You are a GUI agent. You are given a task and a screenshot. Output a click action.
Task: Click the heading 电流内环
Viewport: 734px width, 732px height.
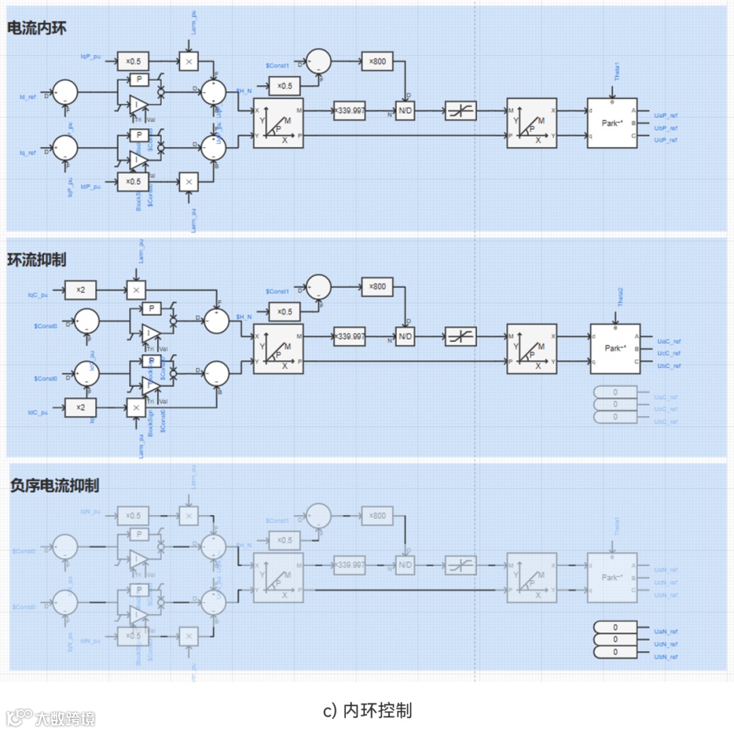[x=37, y=28]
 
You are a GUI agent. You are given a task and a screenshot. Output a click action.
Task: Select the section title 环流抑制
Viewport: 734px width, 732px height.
[x=37, y=260]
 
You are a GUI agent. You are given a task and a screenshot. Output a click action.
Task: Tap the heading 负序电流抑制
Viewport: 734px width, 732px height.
[x=54, y=485]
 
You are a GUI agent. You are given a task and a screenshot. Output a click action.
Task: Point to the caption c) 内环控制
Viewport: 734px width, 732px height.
[x=367, y=711]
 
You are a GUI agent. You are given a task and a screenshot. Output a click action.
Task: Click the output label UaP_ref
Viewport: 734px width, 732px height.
[x=665, y=116]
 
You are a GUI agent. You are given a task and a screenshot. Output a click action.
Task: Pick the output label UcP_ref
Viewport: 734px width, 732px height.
[x=665, y=140]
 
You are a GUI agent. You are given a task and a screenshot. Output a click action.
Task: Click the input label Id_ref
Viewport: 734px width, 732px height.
[x=27, y=97]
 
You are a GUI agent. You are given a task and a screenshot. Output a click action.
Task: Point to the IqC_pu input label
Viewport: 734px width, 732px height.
[x=37, y=295]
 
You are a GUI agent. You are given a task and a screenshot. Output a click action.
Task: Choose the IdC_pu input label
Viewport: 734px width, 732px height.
[x=37, y=413]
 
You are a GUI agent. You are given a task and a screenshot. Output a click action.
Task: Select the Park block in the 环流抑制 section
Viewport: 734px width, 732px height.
[x=614, y=348]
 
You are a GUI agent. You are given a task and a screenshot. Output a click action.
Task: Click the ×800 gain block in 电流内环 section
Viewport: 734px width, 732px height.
[x=377, y=62]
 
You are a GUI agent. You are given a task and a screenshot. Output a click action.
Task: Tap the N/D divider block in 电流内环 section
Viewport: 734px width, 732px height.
[x=405, y=111]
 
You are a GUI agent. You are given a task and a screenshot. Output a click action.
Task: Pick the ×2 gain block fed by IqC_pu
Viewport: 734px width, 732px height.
[x=81, y=290]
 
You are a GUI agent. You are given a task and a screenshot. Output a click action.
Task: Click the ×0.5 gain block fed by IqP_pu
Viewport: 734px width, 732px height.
[x=133, y=62]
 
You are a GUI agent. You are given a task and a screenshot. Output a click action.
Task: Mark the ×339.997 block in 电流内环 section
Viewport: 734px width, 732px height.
[x=349, y=111]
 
